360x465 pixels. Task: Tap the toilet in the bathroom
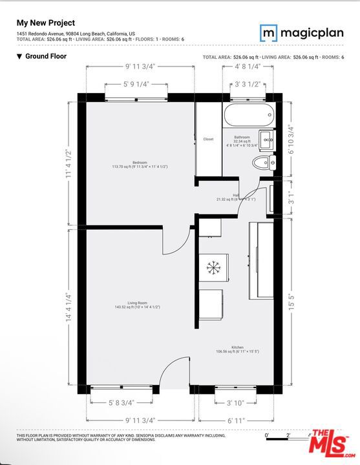coord(262,162)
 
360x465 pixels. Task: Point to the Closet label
coord(208,139)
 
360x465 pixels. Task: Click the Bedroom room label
coord(140,162)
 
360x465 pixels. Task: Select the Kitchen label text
coord(237,347)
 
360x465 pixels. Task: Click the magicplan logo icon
coord(268,33)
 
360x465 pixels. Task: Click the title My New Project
coord(45,23)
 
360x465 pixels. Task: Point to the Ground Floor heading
coord(45,56)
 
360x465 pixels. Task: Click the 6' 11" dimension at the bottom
coord(237,420)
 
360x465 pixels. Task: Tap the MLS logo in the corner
coord(334,444)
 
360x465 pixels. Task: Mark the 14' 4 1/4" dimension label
coord(68,305)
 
